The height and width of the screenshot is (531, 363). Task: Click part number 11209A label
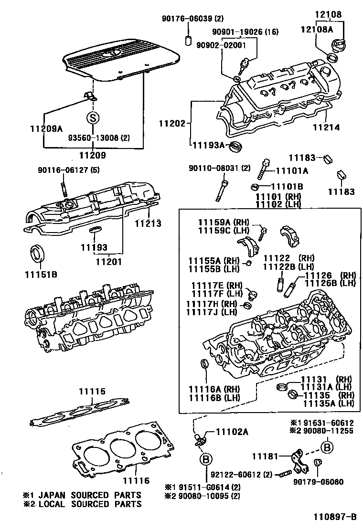pos(46,128)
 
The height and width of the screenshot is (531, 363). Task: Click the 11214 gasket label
pos(326,127)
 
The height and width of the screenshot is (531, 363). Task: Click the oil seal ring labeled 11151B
pos(38,254)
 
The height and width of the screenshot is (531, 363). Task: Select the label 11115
pos(92,392)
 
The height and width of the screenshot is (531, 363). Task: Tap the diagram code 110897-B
pos(335,517)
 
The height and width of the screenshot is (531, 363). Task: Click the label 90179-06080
pos(318,482)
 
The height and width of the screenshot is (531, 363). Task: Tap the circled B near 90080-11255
pos(327,447)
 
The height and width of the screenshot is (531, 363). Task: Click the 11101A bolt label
pos(290,170)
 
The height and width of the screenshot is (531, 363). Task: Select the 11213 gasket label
pos(148,223)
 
